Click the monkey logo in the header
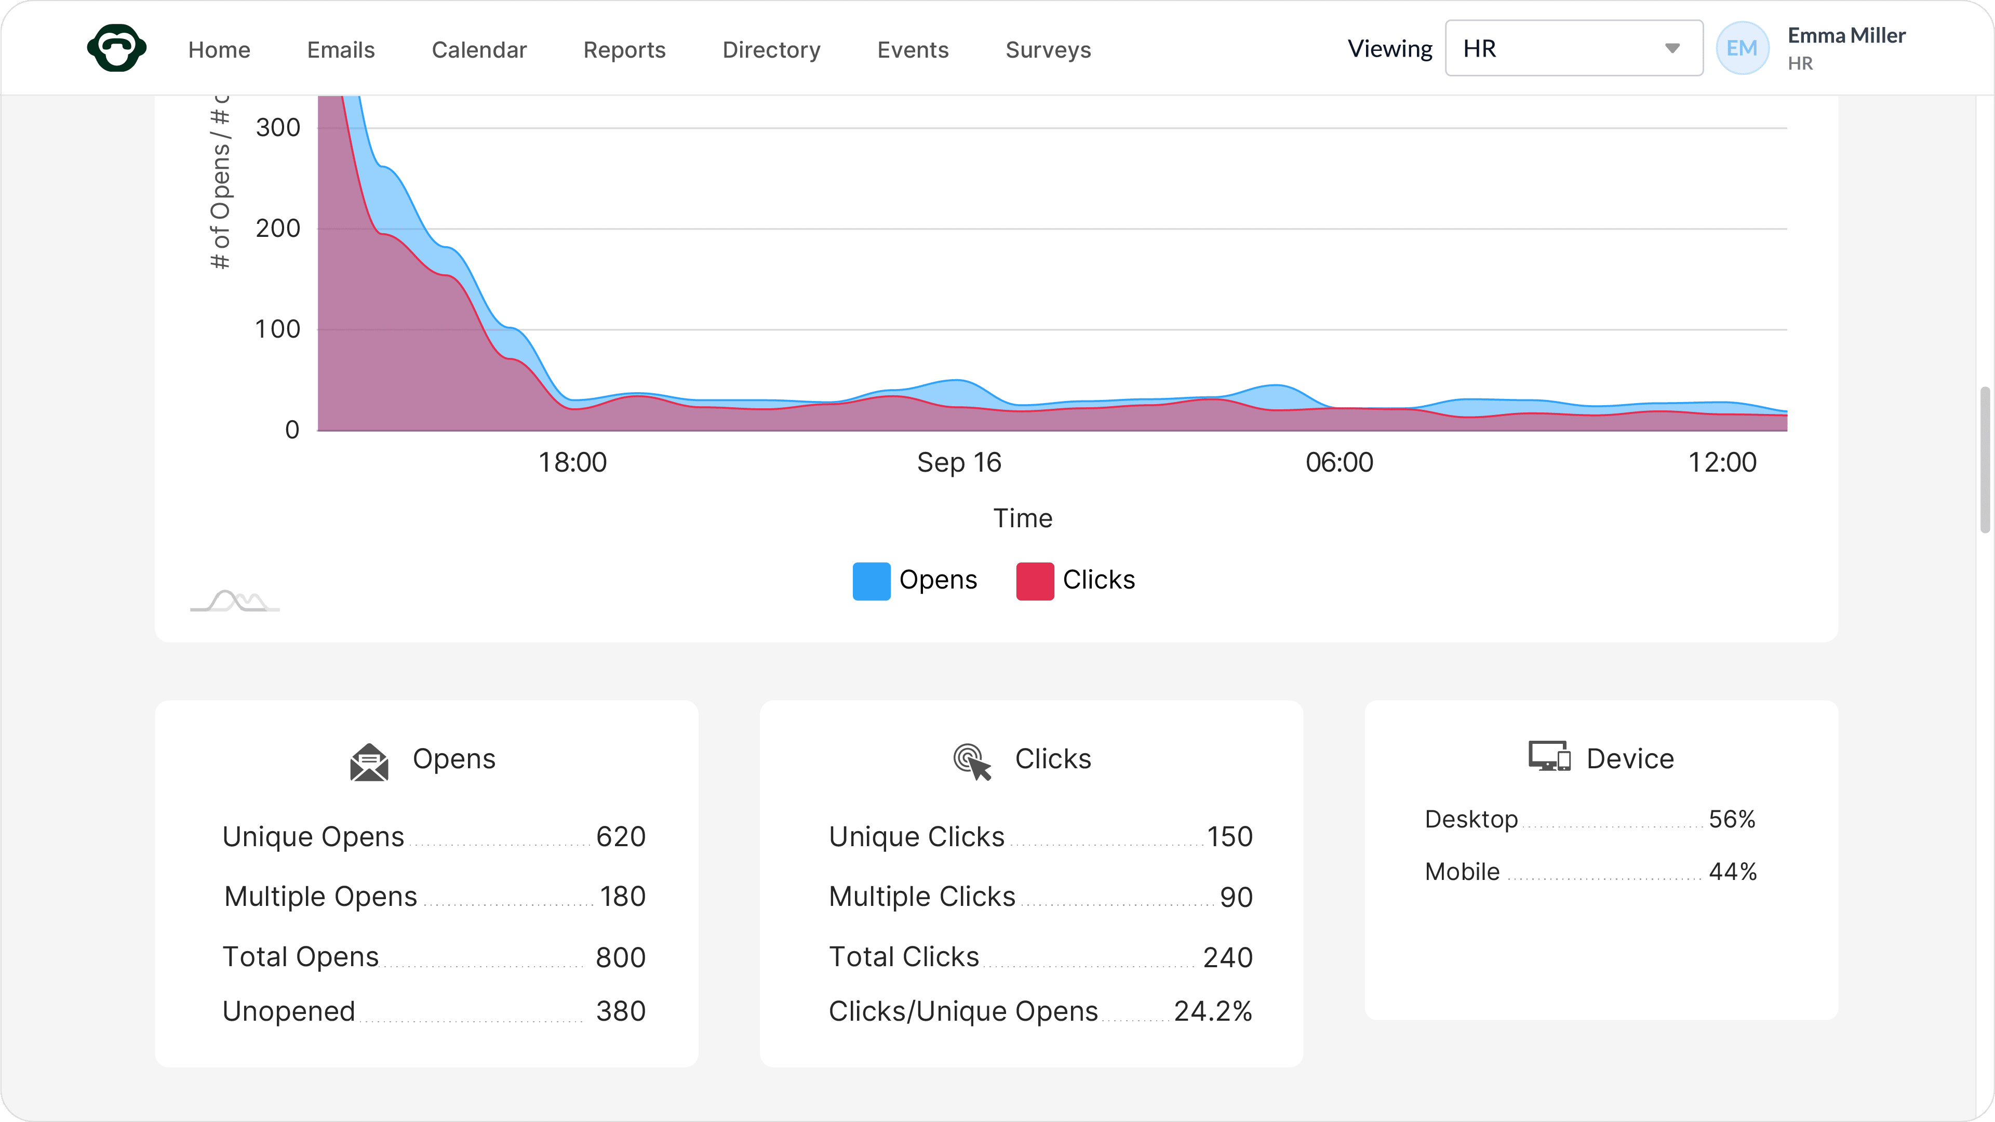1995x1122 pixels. pyautogui.click(x=117, y=48)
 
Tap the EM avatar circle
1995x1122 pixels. pyautogui.click(x=1742, y=48)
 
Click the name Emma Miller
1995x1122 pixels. pyautogui.click(x=1846, y=36)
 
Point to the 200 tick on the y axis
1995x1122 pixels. pyautogui.click(x=278, y=229)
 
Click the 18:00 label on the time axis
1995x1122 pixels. pyautogui.click(x=572, y=462)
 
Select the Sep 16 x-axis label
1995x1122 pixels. pyautogui.click(x=959, y=462)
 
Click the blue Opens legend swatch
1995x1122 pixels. pyautogui.click(x=871, y=581)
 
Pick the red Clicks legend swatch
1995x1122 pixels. pyautogui.click(x=1035, y=581)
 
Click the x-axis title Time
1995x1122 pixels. pyautogui.click(x=1022, y=518)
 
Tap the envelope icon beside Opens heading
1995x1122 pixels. pyautogui.click(x=369, y=762)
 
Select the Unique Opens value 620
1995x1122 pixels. pyautogui.click(x=620, y=836)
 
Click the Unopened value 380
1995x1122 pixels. pyautogui.click(x=620, y=1010)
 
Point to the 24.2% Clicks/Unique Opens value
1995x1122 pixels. pyautogui.click(x=1213, y=1010)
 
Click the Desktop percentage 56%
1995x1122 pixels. pyautogui.click(x=1732, y=819)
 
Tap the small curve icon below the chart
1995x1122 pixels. pyautogui.click(x=235, y=601)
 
